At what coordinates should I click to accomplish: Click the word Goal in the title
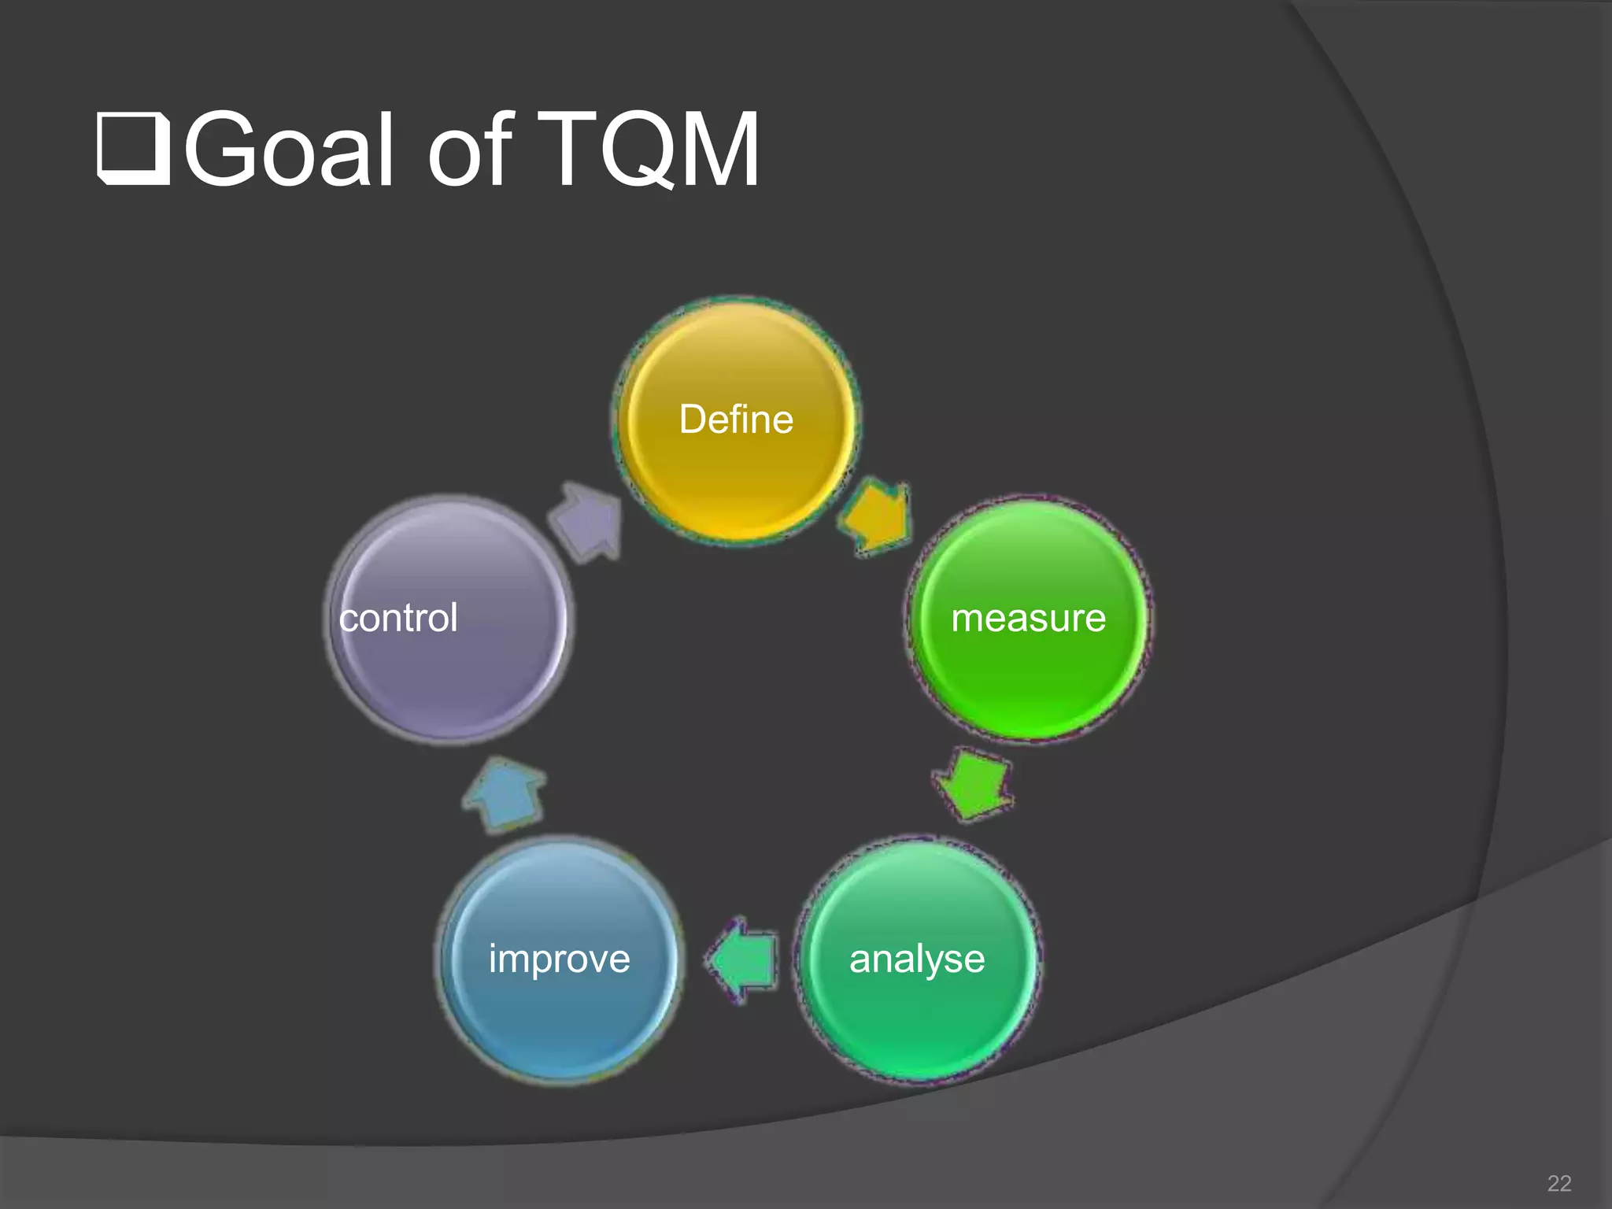288,150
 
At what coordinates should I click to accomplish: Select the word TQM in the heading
649,150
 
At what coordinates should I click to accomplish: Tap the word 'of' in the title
470,150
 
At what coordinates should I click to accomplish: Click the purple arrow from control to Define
587,521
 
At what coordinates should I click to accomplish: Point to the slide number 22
1558,1183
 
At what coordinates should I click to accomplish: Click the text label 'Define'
736,420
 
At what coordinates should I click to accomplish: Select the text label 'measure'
1028,618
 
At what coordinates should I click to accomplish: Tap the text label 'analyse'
917,959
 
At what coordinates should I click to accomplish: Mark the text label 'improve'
559,959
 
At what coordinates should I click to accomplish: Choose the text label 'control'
398,618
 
